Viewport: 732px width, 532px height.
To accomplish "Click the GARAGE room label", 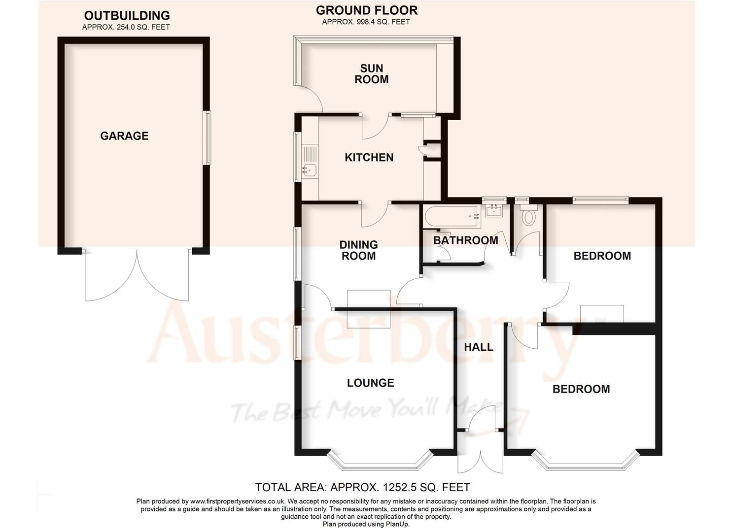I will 124,136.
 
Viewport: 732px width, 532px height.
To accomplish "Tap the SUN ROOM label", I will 371,74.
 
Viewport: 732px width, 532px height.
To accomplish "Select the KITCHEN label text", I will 369,158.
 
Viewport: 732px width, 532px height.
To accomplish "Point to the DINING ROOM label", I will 358,250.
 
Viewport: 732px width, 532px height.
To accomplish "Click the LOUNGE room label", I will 370,383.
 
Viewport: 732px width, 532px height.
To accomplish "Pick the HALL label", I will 479,347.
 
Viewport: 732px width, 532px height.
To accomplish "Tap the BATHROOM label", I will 465,240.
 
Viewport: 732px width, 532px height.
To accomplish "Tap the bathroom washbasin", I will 494,211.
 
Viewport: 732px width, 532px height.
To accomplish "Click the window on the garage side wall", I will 208,138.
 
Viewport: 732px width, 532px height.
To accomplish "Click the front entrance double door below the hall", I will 480,453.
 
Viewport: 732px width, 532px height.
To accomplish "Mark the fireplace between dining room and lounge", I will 369,309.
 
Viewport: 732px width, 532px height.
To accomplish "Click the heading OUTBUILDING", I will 127,16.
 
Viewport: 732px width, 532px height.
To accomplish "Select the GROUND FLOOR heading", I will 366,10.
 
